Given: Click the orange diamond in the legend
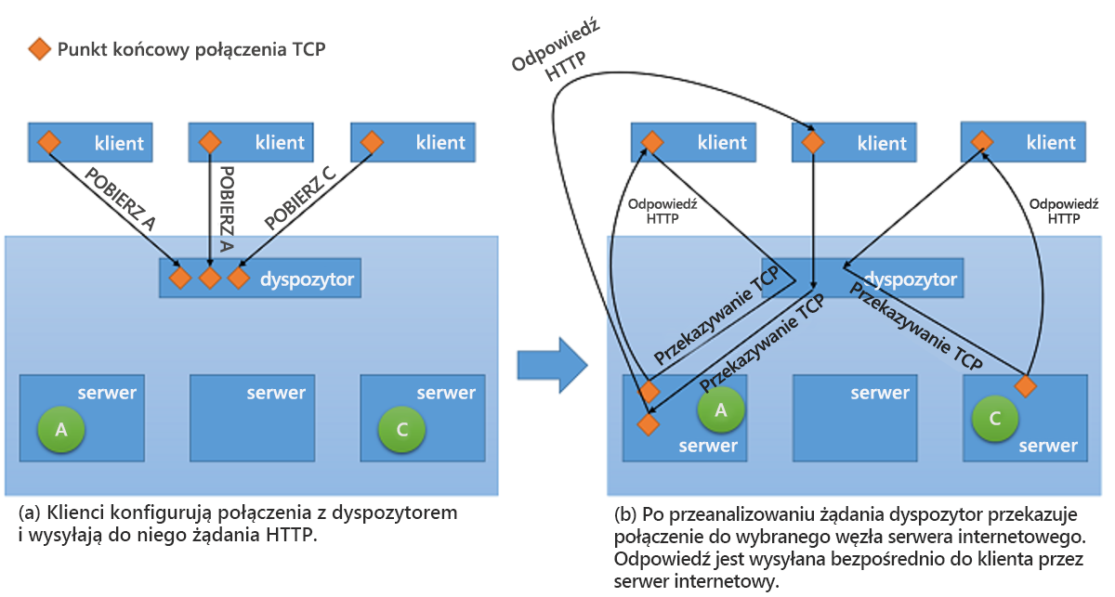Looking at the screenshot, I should click(38, 49).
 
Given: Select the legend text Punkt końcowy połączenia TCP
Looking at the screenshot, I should click(191, 49).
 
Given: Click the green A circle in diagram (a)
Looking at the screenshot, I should click(61, 428).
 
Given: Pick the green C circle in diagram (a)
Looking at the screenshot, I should click(401, 428).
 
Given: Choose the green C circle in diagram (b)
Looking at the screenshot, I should click(995, 419).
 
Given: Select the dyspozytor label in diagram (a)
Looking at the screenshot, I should click(308, 278).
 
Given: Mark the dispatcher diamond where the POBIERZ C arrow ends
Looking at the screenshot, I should click(239, 278).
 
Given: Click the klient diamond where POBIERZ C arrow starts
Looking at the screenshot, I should click(372, 142).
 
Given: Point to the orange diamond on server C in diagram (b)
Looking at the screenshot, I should click(1025, 384).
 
